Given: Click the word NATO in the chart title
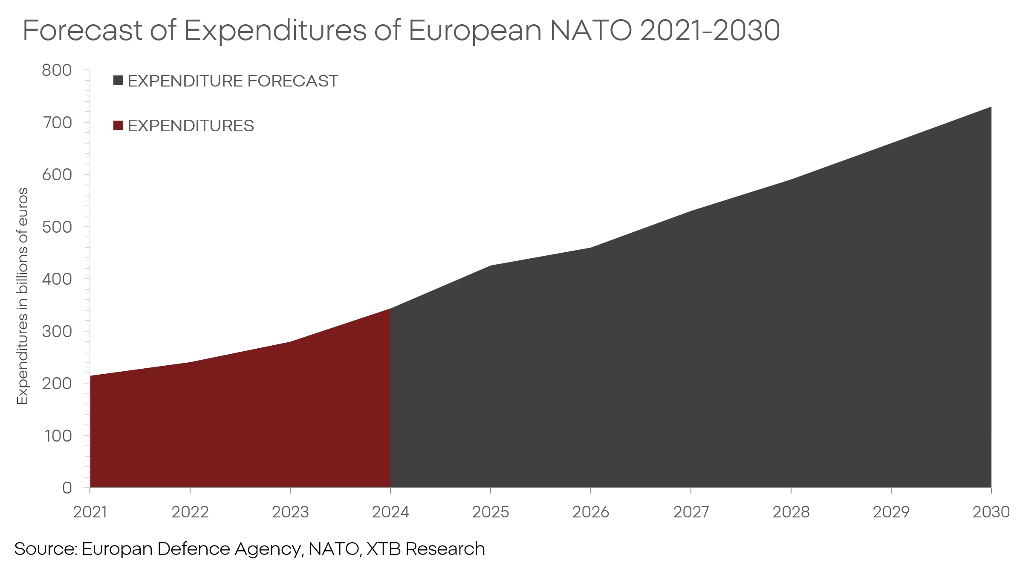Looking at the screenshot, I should pos(591,31).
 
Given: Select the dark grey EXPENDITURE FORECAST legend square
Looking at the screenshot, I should pos(118,81).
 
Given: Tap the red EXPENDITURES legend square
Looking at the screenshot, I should pos(118,125).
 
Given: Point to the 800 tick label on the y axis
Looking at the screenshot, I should pos(57,70).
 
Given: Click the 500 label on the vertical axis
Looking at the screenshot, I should pos(57,227).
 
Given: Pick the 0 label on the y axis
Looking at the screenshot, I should pos(67,488).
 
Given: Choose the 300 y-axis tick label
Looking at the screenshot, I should pos(57,331).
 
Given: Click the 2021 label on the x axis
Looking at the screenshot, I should pos(90,512).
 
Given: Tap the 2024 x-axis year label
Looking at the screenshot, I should pos(390,512).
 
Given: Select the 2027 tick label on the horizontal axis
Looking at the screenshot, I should pos(691,512).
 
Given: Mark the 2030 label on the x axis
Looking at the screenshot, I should pos(991,512).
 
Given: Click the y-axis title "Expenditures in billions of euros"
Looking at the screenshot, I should pos(22,296).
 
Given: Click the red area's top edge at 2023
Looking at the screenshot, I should pos(290,342).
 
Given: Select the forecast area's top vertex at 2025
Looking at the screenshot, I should pos(491,266).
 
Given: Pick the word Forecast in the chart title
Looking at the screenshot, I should pos(82,31).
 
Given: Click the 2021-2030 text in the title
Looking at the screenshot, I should pos(710,31).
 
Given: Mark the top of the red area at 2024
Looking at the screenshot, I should pos(390,309).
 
